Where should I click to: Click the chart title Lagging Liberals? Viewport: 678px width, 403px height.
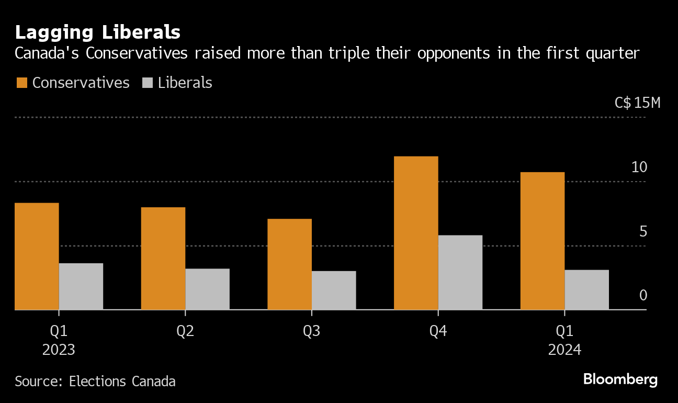98,32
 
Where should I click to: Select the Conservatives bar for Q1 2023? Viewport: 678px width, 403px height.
37,256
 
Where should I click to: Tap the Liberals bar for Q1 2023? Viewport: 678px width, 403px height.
81,286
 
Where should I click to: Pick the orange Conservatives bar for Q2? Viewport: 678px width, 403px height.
163,259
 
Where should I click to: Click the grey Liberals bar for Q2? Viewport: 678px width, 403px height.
207,289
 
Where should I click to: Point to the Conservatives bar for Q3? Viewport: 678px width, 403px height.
290,264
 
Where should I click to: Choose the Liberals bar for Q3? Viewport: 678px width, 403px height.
334,290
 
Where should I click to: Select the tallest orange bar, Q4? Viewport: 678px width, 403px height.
416,233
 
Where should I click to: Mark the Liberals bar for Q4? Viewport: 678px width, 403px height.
460,272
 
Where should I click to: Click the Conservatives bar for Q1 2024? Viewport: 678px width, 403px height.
543,241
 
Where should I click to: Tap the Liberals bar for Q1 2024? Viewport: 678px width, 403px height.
587,289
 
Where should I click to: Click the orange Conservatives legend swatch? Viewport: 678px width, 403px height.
21,83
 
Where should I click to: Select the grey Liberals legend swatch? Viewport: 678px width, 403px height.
148,83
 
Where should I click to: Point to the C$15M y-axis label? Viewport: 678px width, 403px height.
638,103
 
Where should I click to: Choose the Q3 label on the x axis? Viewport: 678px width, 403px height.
312,331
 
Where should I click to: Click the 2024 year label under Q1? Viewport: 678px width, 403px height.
564,350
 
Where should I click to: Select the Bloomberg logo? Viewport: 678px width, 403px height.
620,379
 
